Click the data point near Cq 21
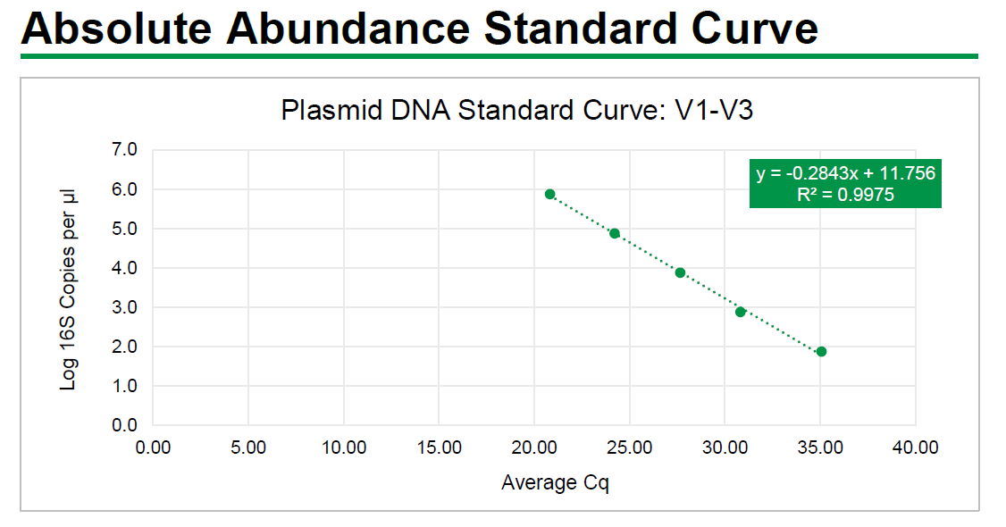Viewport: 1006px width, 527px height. pyautogui.click(x=550, y=194)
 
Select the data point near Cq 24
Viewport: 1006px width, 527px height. pyautogui.click(x=615, y=233)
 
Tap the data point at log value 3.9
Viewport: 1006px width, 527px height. pyautogui.click(x=680, y=272)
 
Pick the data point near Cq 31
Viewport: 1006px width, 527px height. pyautogui.click(x=741, y=312)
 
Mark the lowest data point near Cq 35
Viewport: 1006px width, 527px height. pyautogui.click(x=821, y=351)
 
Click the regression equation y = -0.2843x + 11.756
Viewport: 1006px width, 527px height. pyautogui.click(x=845, y=173)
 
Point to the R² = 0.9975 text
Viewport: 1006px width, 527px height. pyautogui.click(x=845, y=195)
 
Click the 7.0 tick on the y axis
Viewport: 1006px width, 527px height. pyautogui.click(x=125, y=150)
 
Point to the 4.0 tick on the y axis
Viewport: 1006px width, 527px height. pyautogui.click(x=125, y=268)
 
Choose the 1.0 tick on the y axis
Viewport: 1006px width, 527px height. pyautogui.click(x=125, y=386)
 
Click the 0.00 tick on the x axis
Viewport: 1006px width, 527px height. pyautogui.click(x=153, y=447)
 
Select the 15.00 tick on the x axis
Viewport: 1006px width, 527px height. pyautogui.click(x=439, y=447)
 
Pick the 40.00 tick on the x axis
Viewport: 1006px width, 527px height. pyautogui.click(x=915, y=447)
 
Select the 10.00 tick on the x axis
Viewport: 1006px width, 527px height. pyautogui.click(x=344, y=447)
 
